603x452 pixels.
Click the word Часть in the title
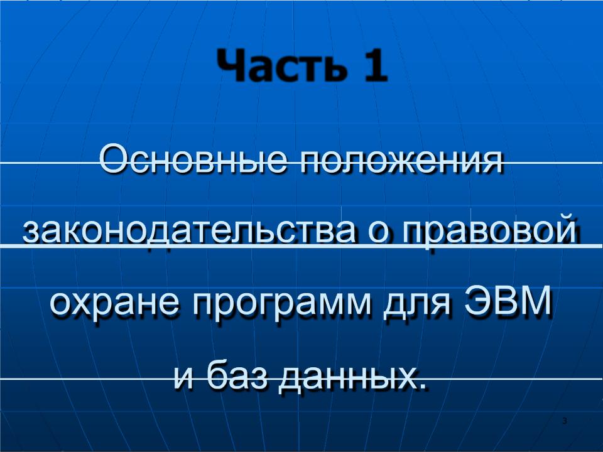282,65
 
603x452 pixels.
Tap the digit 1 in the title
374,65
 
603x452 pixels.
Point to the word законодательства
189,230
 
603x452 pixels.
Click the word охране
115,303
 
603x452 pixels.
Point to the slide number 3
565,421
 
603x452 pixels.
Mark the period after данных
423,385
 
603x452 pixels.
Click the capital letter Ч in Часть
230,65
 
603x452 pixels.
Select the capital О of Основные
114,158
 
